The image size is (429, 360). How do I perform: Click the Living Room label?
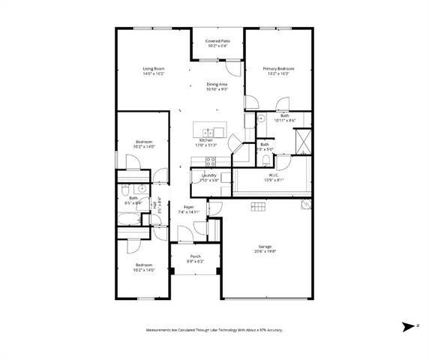click(x=154, y=69)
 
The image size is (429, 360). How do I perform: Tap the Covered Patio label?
click(x=217, y=41)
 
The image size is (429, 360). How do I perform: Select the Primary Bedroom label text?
click(x=278, y=69)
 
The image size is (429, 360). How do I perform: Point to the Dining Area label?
click(x=217, y=85)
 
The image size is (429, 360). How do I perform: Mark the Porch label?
click(x=195, y=256)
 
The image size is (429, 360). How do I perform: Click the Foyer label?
click(x=189, y=208)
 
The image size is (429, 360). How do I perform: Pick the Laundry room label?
click(x=208, y=175)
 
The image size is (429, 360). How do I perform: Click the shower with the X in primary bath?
click(x=302, y=140)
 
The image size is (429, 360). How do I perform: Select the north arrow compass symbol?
click(x=409, y=327)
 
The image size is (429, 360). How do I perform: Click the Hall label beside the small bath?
click(x=155, y=205)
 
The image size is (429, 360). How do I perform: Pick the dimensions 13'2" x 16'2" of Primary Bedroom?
click(x=278, y=73)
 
